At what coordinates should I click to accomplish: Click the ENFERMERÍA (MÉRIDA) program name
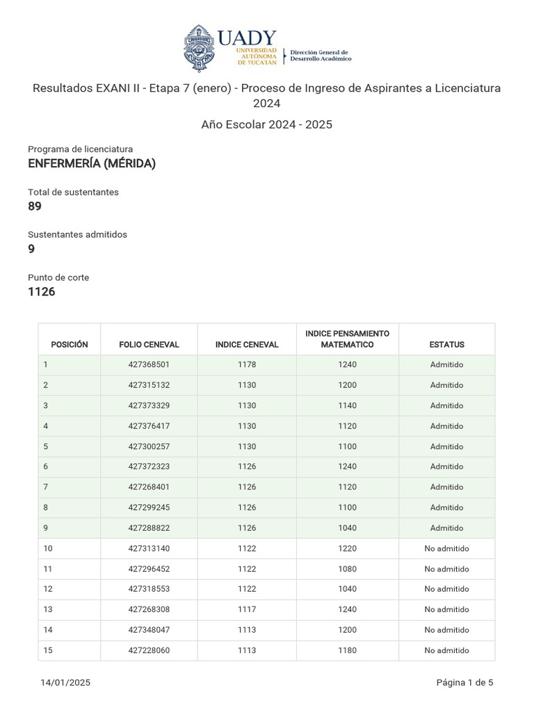point(92,164)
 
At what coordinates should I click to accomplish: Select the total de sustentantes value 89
point(35,207)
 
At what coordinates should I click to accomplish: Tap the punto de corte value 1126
point(42,292)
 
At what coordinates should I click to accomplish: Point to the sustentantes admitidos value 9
point(31,249)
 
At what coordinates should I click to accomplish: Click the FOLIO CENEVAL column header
point(149,344)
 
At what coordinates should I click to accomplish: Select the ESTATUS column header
point(446,344)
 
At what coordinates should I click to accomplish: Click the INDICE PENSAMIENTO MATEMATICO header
point(347,339)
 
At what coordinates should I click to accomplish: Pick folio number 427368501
point(149,364)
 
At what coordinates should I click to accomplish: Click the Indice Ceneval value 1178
point(247,364)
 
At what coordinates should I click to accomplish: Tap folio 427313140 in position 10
point(149,549)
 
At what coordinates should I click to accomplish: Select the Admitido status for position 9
point(446,528)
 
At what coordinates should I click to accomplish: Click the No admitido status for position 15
point(446,651)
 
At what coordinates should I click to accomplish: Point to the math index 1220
point(347,549)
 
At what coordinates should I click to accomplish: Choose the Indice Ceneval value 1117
point(247,610)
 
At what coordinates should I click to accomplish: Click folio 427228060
point(149,651)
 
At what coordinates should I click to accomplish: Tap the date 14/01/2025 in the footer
point(65,683)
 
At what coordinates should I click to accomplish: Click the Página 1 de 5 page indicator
point(464,683)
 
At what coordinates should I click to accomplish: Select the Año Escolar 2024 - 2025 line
point(267,125)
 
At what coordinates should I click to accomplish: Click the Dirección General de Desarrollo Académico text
point(320,56)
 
